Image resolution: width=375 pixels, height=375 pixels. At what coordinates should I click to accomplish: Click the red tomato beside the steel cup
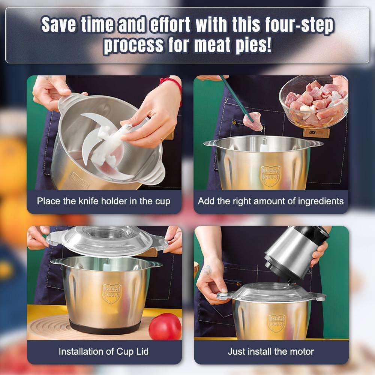tap(165, 327)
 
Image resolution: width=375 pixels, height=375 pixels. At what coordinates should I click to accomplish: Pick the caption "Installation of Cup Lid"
tap(103, 352)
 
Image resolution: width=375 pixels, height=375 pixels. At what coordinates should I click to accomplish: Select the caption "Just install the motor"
tap(271, 352)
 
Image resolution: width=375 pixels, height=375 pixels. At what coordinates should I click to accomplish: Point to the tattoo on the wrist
tap(207, 270)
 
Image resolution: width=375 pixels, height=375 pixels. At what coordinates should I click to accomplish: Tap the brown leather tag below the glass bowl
tap(316, 132)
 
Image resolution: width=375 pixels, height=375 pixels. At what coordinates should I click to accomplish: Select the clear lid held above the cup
tap(108, 240)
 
